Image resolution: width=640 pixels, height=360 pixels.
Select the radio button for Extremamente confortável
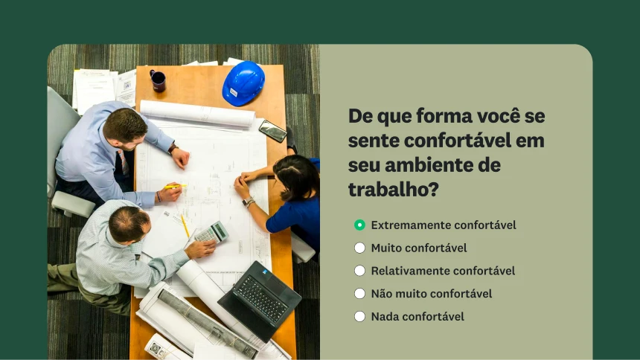pyautogui.click(x=359, y=225)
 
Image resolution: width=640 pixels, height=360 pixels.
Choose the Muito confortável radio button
pyautogui.click(x=359, y=248)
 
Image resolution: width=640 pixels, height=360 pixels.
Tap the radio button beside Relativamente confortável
pyautogui.click(x=359, y=271)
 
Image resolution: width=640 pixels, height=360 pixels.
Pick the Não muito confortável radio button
pyautogui.click(x=359, y=294)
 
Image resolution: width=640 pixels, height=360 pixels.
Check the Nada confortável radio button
pyautogui.click(x=359, y=316)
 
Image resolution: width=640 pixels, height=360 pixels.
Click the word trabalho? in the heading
pyautogui.click(x=393, y=190)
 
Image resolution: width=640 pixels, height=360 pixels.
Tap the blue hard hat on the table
pyautogui.click(x=243, y=83)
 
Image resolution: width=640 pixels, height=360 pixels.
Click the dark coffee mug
pyautogui.click(x=158, y=81)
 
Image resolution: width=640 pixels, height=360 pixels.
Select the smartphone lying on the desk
pyautogui.click(x=272, y=131)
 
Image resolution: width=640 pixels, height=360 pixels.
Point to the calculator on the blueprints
pyautogui.click(x=211, y=233)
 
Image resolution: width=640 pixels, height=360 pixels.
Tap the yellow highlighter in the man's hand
pyautogui.click(x=176, y=186)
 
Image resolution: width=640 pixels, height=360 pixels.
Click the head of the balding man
pyautogui.click(x=129, y=225)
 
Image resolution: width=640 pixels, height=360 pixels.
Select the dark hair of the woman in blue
pyautogui.click(x=297, y=176)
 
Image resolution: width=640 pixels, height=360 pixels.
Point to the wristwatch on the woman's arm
pyautogui.click(x=247, y=202)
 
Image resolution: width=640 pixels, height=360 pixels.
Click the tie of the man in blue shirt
pyautogui.click(x=124, y=162)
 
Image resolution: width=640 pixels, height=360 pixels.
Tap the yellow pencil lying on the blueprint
pyautogui.click(x=185, y=225)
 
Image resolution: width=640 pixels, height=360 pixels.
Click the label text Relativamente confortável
pyautogui.click(x=443, y=271)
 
